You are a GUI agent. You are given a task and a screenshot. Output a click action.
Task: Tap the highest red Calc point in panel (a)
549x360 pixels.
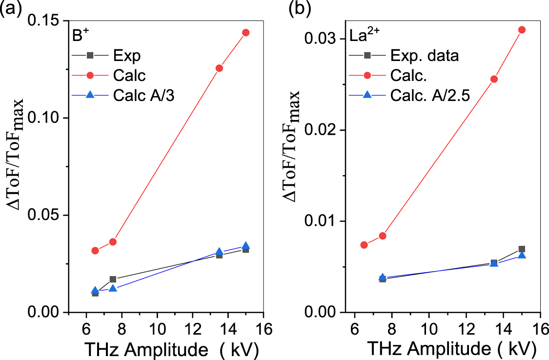[x=245, y=33]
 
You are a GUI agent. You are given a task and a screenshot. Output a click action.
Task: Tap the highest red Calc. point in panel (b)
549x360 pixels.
[x=521, y=30]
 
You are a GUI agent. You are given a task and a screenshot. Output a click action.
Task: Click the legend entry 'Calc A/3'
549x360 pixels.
[x=143, y=96]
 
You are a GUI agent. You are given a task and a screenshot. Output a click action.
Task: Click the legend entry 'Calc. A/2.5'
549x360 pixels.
[x=429, y=96]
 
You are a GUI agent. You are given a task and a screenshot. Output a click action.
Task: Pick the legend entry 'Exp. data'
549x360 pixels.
[x=425, y=56]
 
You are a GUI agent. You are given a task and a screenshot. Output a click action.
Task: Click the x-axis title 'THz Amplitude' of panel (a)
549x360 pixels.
[x=142, y=350]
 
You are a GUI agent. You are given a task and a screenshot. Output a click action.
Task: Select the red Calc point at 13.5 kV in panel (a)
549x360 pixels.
[x=219, y=68]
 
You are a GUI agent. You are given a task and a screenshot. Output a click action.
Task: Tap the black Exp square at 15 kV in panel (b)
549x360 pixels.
[x=521, y=249]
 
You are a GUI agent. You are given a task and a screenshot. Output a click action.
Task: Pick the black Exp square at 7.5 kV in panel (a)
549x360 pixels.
[x=113, y=280]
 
